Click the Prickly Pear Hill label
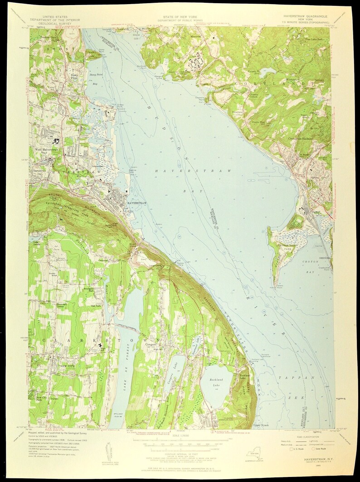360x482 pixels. pyautogui.click(x=259, y=123)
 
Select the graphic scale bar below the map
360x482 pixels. pyautogui.click(x=180, y=439)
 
